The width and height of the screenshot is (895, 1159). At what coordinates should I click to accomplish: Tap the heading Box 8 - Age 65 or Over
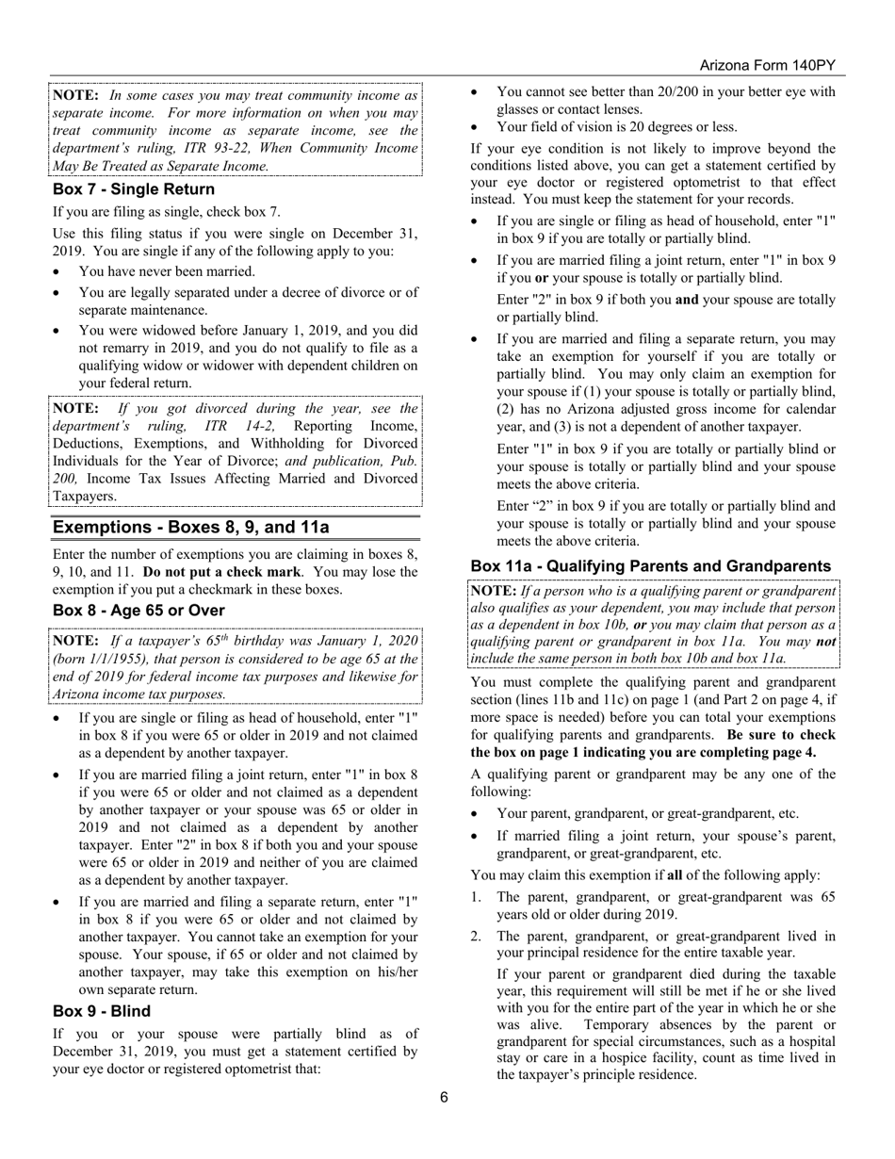(138, 611)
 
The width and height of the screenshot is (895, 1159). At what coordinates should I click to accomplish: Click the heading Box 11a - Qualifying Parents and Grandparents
(650, 566)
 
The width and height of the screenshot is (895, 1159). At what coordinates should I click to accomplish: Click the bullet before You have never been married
(58, 271)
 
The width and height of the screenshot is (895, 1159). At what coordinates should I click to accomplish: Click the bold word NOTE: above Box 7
(75, 95)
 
